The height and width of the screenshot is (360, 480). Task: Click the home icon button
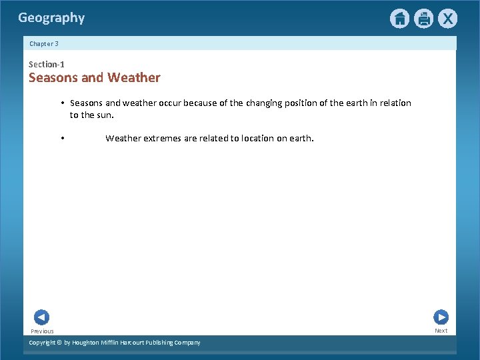click(399, 19)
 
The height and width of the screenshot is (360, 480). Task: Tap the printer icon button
click(423, 19)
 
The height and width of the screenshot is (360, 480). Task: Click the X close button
click(447, 19)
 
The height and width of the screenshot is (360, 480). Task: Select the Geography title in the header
click(51, 18)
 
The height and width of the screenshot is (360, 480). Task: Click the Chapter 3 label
click(44, 43)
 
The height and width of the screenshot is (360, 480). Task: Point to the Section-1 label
click(47, 64)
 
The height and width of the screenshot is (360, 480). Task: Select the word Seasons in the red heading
click(53, 77)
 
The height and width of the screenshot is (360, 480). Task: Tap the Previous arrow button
click(41, 317)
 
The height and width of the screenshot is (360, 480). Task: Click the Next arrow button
click(441, 317)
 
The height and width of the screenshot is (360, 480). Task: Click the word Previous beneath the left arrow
click(42, 331)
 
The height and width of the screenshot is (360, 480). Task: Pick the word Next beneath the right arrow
click(441, 331)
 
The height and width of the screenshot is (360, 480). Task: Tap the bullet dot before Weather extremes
click(61, 139)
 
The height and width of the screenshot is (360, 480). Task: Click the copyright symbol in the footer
click(59, 343)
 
